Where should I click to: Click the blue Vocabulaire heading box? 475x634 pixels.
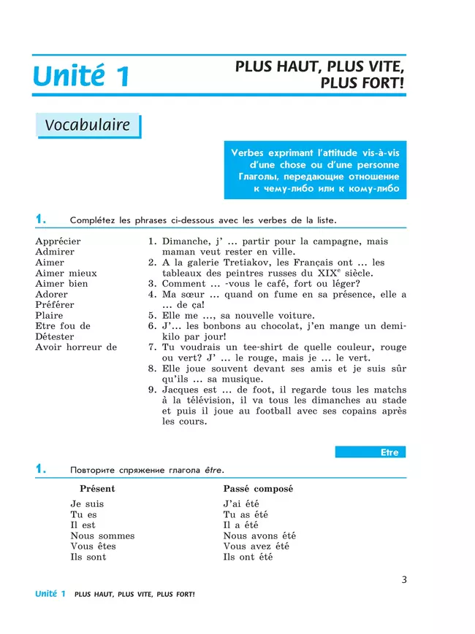point(88,125)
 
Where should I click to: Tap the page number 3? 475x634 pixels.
point(404,580)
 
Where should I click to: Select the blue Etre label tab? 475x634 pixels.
point(370,452)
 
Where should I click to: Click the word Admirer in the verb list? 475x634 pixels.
point(55,252)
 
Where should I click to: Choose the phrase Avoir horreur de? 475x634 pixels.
point(76,347)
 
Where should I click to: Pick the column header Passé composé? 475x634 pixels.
point(253,488)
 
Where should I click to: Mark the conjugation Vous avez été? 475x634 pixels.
point(256,546)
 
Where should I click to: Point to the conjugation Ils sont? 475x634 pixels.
point(88,557)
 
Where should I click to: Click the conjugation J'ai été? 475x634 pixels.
point(241,503)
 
